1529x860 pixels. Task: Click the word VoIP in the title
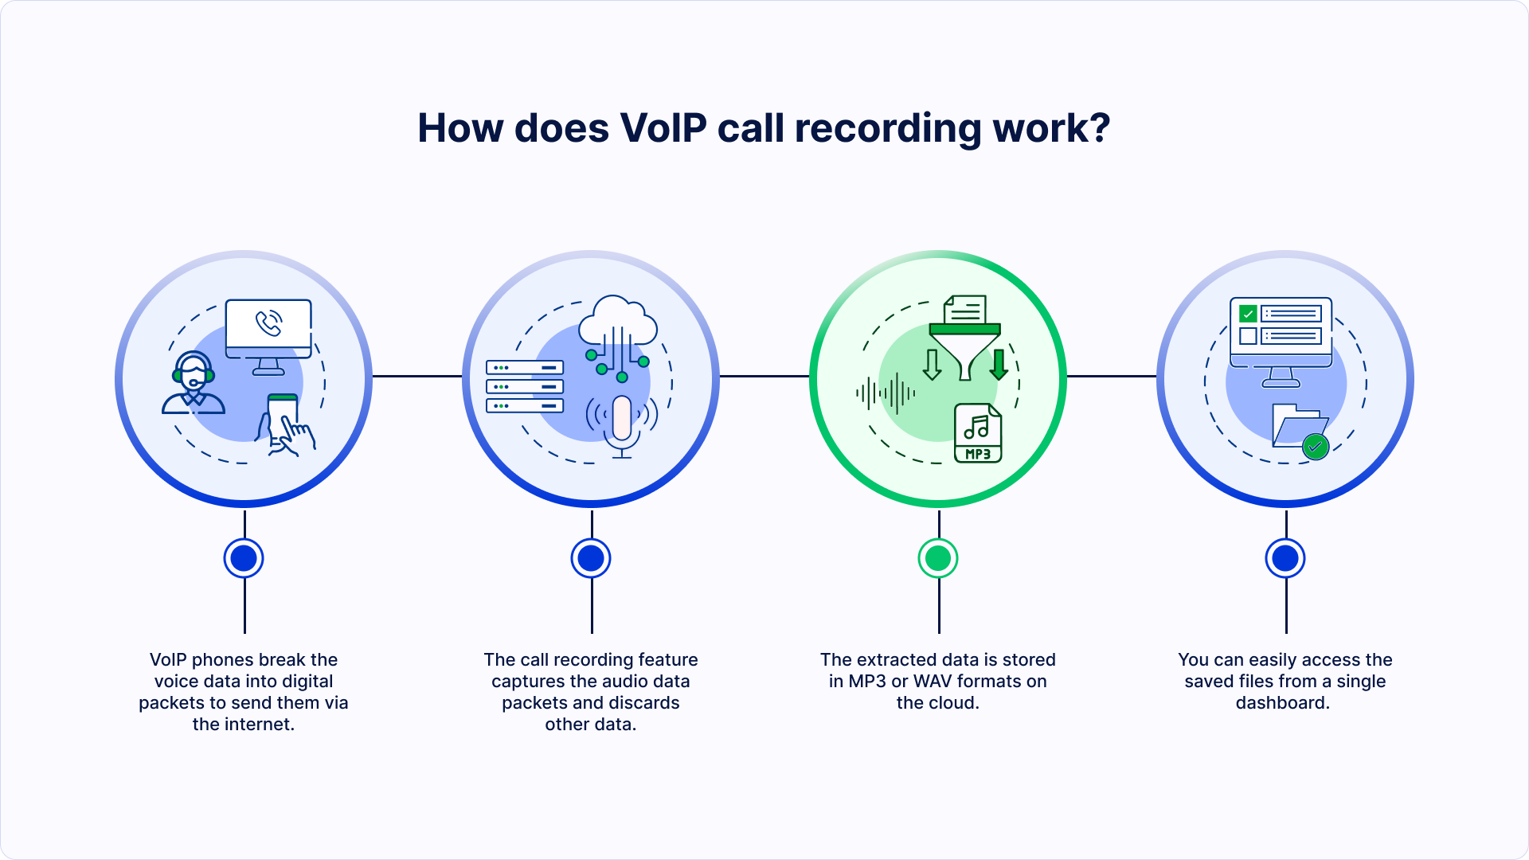click(663, 128)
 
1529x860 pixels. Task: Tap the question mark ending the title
click(1101, 128)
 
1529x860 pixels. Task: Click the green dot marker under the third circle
click(938, 558)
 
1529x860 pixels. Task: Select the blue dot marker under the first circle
click(244, 558)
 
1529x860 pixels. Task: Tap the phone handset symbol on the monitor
click(268, 323)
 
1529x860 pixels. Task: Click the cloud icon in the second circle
click(617, 322)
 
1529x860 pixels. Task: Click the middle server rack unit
click(525, 387)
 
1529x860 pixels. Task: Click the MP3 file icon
click(978, 433)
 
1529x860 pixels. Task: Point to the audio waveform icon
click(886, 393)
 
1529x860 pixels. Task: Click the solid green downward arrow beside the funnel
click(999, 365)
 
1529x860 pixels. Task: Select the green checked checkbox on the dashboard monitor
click(1248, 314)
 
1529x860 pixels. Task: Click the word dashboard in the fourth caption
click(1282, 703)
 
